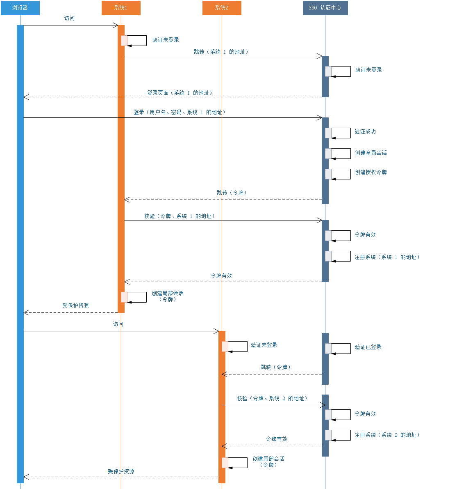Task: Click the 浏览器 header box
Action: tap(20, 8)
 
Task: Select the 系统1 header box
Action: tap(121, 8)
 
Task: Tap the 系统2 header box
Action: tap(222, 8)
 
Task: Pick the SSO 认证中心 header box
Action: tap(325, 8)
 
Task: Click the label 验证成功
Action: tap(365, 132)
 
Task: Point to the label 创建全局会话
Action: tap(371, 153)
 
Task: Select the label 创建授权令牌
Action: tap(371, 172)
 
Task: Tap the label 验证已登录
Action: tap(368, 347)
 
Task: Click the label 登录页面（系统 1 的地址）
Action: tap(180, 93)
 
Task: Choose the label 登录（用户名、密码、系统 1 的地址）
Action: tap(180, 112)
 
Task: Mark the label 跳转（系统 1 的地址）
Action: tap(221, 52)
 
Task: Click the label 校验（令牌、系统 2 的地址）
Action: tap(272, 399)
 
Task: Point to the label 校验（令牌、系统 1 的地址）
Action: tap(180, 216)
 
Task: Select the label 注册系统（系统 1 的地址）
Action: tap(387, 257)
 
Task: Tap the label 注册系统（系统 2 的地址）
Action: tap(387, 435)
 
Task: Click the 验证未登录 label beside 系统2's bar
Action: tap(264, 345)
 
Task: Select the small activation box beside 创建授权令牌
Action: tap(328, 174)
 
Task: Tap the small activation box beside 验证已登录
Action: tap(328, 349)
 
